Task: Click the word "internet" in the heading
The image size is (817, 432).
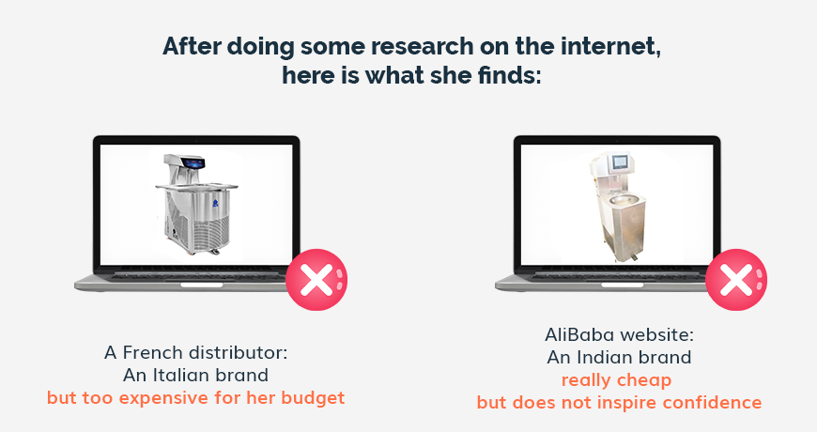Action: click(x=610, y=46)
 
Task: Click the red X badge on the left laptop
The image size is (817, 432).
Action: click(x=316, y=280)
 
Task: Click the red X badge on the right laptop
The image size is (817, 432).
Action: click(x=736, y=280)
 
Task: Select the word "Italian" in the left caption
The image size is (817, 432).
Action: click(x=180, y=376)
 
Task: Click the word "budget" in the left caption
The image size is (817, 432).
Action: click(x=313, y=398)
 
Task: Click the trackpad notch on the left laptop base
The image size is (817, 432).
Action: click(x=202, y=285)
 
